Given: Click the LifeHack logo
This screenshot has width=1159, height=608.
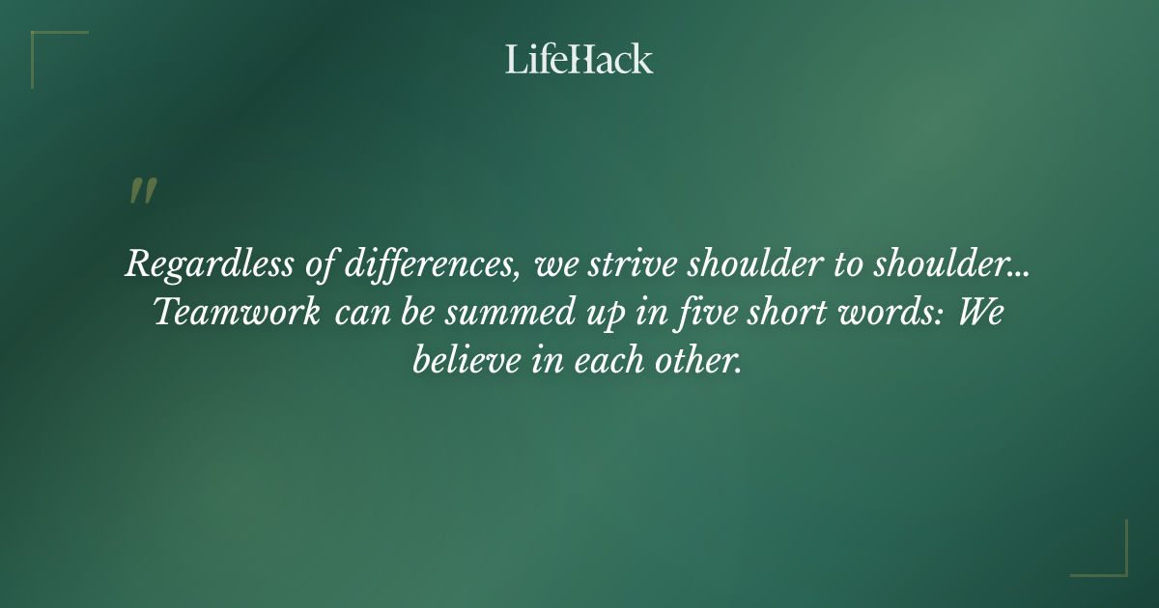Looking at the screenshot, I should pyautogui.click(x=579, y=59).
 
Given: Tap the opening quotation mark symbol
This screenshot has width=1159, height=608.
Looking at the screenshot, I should pyautogui.click(x=142, y=191).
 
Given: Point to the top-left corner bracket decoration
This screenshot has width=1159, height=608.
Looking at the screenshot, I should pyautogui.click(x=48, y=48).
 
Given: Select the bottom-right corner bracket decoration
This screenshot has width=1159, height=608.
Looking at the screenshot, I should pyautogui.click(x=1110, y=559).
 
